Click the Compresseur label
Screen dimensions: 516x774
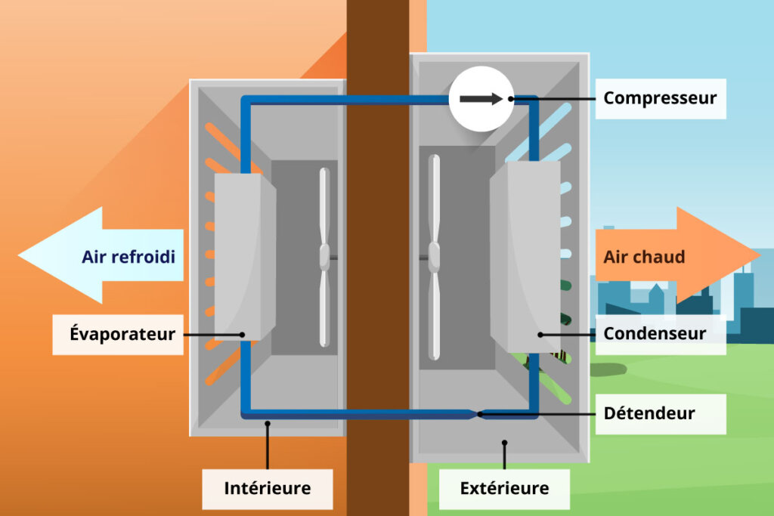tap(660, 98)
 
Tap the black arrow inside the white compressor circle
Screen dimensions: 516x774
tap(481, 99)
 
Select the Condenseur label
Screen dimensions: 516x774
tap(655, 333)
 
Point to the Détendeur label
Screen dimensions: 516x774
tap(649, 413)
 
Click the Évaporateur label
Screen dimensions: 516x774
tap(122, 334)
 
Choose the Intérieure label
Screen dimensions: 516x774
tap(267, 488)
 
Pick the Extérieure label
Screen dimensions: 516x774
tap(504, 488)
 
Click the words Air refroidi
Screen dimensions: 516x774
tap(128, 257)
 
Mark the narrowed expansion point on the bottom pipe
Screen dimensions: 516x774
tap(478, 413)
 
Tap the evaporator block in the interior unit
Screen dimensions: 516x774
tap(242, 257)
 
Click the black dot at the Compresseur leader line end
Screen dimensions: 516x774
tap(512, 98)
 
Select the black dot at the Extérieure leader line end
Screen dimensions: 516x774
tap(504, 443)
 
